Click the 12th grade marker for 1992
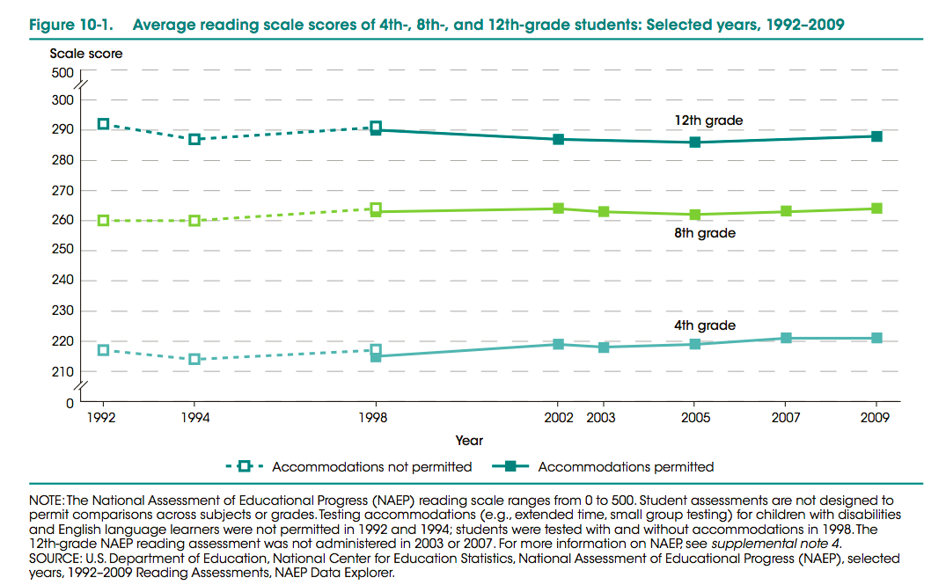(x=103, y=124)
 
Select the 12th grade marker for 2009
(x=876, y=136)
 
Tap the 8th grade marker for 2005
(x=695, y=215)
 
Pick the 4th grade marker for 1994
(x=194, y=359)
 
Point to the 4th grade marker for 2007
(x=786, y=338)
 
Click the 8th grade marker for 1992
(x=103, y=220)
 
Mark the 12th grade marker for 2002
(x=558, y=139)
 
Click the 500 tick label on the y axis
(x=62, y=73)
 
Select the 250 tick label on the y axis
(x=62, y=251)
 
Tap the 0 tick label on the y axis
(x=69, y=404)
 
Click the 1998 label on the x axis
(x=376, y=418)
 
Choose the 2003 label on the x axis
(x=601, y=418)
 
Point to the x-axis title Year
(x=469, y=440)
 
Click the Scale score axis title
(x=86, y=54)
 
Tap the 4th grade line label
(x=704, y=325)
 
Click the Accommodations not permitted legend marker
(x=246, y=466)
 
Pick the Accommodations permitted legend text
(x=626, y=466)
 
